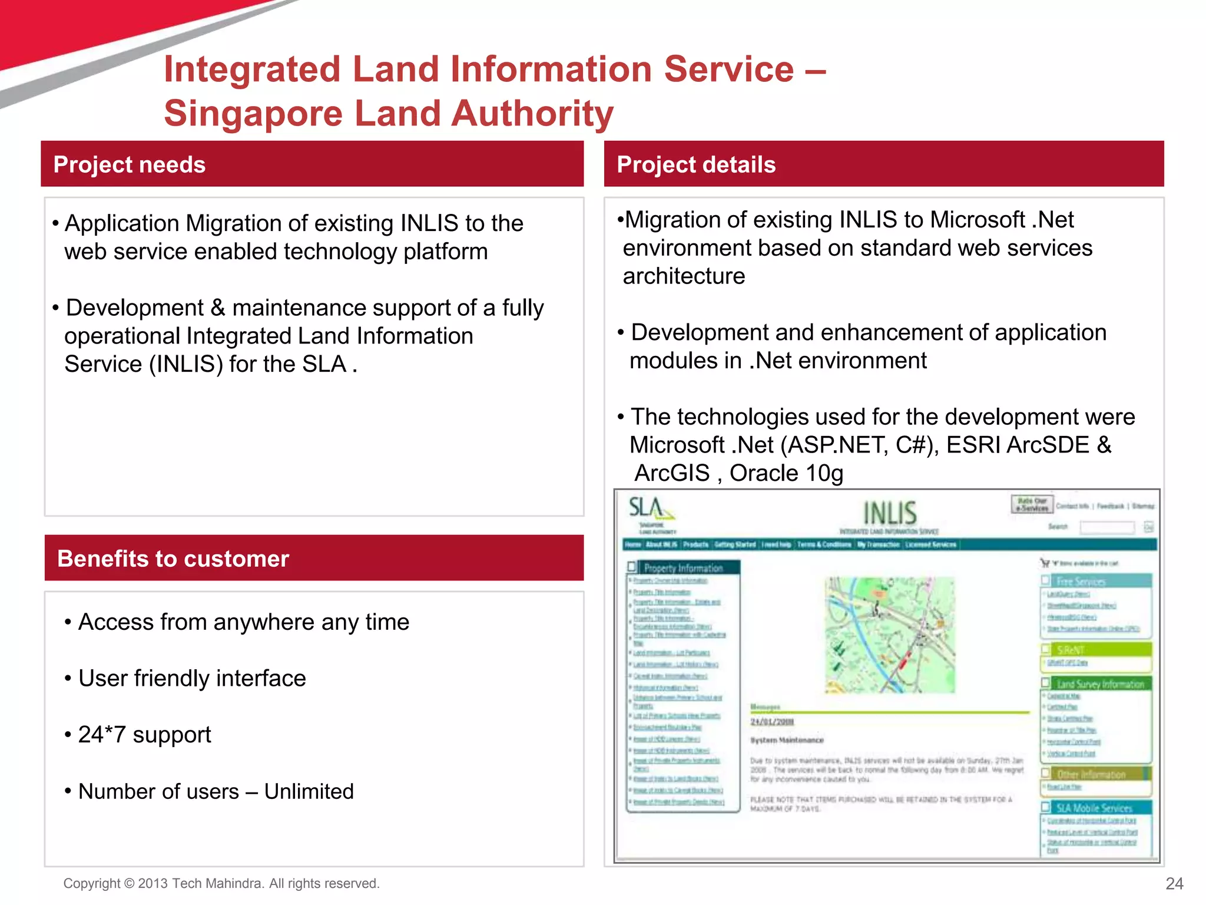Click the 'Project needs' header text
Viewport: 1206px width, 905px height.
point(129,165)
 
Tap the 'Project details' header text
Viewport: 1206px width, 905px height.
point(696,165)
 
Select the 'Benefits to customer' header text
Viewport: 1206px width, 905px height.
point(173,559)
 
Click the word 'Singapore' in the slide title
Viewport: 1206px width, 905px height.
point(253,113)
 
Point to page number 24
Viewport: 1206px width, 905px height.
point(1174,883)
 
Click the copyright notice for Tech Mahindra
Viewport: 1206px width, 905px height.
point(221,883)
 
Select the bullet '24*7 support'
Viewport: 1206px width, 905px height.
point(144,735)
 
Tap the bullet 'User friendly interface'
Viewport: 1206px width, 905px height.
point(192,678)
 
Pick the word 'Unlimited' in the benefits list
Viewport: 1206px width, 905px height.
point(309,791)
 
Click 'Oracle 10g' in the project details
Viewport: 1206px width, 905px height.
point(786,473)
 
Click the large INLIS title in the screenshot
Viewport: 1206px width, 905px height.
point(890,513)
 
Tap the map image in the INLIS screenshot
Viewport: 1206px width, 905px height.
point(889,635)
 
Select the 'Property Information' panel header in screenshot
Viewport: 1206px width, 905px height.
point(683,568)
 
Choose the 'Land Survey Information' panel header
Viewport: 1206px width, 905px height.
point(1099,684)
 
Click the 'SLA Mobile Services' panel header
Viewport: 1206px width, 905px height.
point(1094,808)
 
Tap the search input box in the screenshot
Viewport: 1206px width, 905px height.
point(1107,527)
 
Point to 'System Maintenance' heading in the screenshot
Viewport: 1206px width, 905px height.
point(787,740)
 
